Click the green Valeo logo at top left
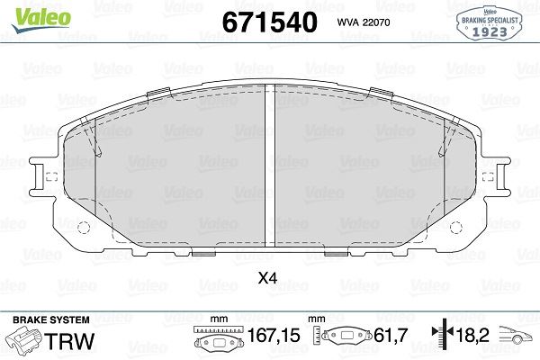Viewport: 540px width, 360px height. pos(41,19)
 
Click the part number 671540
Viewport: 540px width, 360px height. pos(269,22)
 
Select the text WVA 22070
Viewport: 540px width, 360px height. pos(364,22)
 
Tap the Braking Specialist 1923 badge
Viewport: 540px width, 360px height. pos(490,23)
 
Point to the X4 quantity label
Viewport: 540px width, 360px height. pos(267,278)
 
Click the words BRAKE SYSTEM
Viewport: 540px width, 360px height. pos(51,319)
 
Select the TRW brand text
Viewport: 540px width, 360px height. pos(70,341)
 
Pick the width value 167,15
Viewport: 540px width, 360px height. pos(274,335)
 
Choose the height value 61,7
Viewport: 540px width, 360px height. pos(391,335)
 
